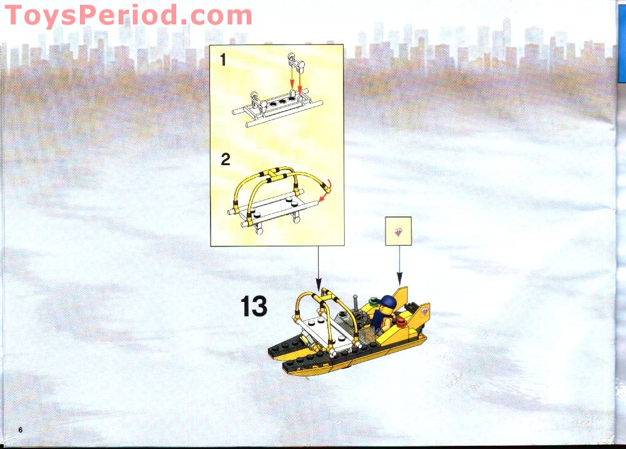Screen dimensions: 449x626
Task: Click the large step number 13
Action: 254,306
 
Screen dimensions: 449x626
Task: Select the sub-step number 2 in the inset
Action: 225,159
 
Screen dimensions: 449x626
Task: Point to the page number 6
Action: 21,430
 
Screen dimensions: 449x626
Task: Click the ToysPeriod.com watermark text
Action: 128,16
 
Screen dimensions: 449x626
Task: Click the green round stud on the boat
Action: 372,304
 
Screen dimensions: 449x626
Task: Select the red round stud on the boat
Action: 397,321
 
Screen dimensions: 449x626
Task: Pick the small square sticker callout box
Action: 399,230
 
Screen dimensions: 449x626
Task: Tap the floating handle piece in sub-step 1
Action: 295,63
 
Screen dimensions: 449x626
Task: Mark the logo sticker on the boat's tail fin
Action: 424,311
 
